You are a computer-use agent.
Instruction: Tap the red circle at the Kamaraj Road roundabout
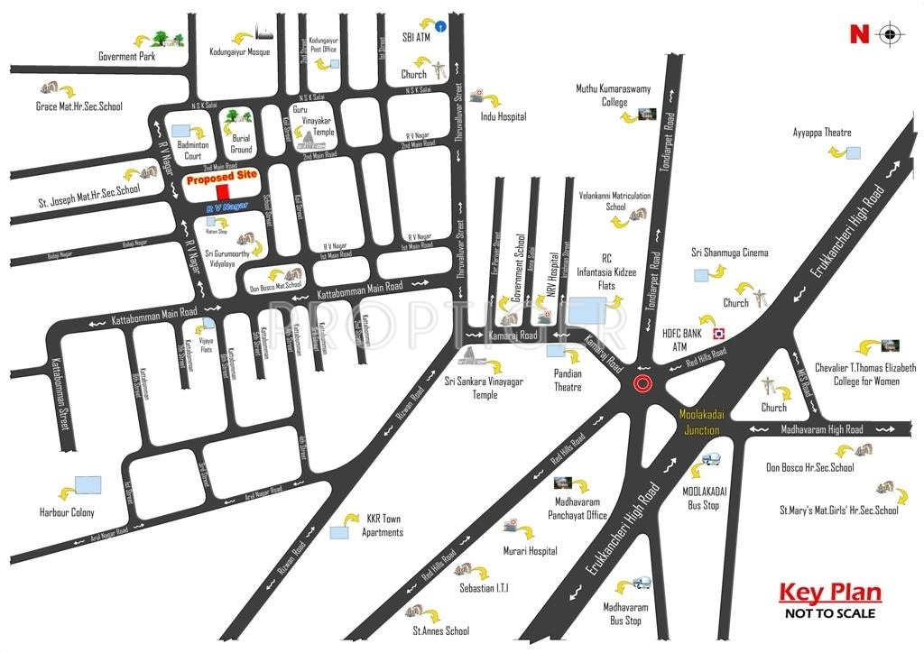pos(642,384)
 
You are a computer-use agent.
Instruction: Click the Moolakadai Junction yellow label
pos(700,422)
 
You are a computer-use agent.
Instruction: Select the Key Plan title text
pos(829,593)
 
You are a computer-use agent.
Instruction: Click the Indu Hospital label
pos(503,116)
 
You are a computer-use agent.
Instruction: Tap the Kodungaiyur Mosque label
pos(239,51)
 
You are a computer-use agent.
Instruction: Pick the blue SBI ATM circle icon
pos(439,28)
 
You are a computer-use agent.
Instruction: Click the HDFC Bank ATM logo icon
pos(719,332)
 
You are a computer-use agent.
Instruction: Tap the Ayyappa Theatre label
pos(822,133)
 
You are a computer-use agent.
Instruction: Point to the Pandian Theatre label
pos(568,381)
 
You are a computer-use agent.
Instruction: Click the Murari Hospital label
pos(530,550)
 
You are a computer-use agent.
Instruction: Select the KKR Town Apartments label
pos(383,526)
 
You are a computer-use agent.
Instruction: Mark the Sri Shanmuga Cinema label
pos(730,253)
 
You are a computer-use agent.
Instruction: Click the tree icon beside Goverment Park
pos(161,39)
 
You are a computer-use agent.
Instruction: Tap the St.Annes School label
pos(441,631)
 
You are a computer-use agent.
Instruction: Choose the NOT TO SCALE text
pos(829,613)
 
